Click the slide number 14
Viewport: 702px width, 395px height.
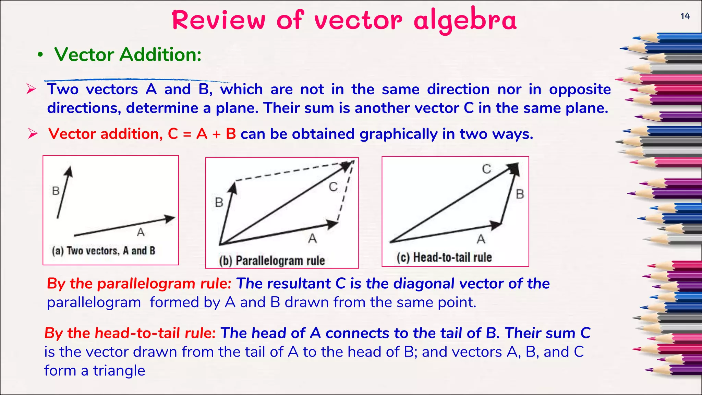click(x=685, y=16)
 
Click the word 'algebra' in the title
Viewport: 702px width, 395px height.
click(x=465, y=21)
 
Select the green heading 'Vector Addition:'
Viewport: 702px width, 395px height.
click(x=128, y=55)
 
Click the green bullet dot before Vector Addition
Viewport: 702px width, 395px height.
click(x=40, y=55)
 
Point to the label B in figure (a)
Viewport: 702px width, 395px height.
click(x=56, y=191)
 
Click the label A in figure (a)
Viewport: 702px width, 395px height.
click(x=141, y=232)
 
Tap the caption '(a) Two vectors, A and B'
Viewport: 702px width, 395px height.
click(x=104, y=251)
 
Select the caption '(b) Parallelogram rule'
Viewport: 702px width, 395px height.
click(x=272, y=261)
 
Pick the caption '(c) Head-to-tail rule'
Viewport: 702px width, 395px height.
click(x=444, y=257)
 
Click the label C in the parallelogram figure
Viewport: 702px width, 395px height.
click(x=333, y=187)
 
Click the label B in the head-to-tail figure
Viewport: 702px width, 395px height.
click(x=520, y=194)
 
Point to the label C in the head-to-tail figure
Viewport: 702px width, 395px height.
click(x=486, y=169)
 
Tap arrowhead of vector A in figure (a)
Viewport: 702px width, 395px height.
click(x=170, y=218)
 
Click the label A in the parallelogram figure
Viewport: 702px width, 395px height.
click(x=312, y=238)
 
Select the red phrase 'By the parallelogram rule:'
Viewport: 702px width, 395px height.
click(x=139, y=284)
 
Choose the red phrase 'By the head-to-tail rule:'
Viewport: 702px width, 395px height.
click(x=130, y=333)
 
